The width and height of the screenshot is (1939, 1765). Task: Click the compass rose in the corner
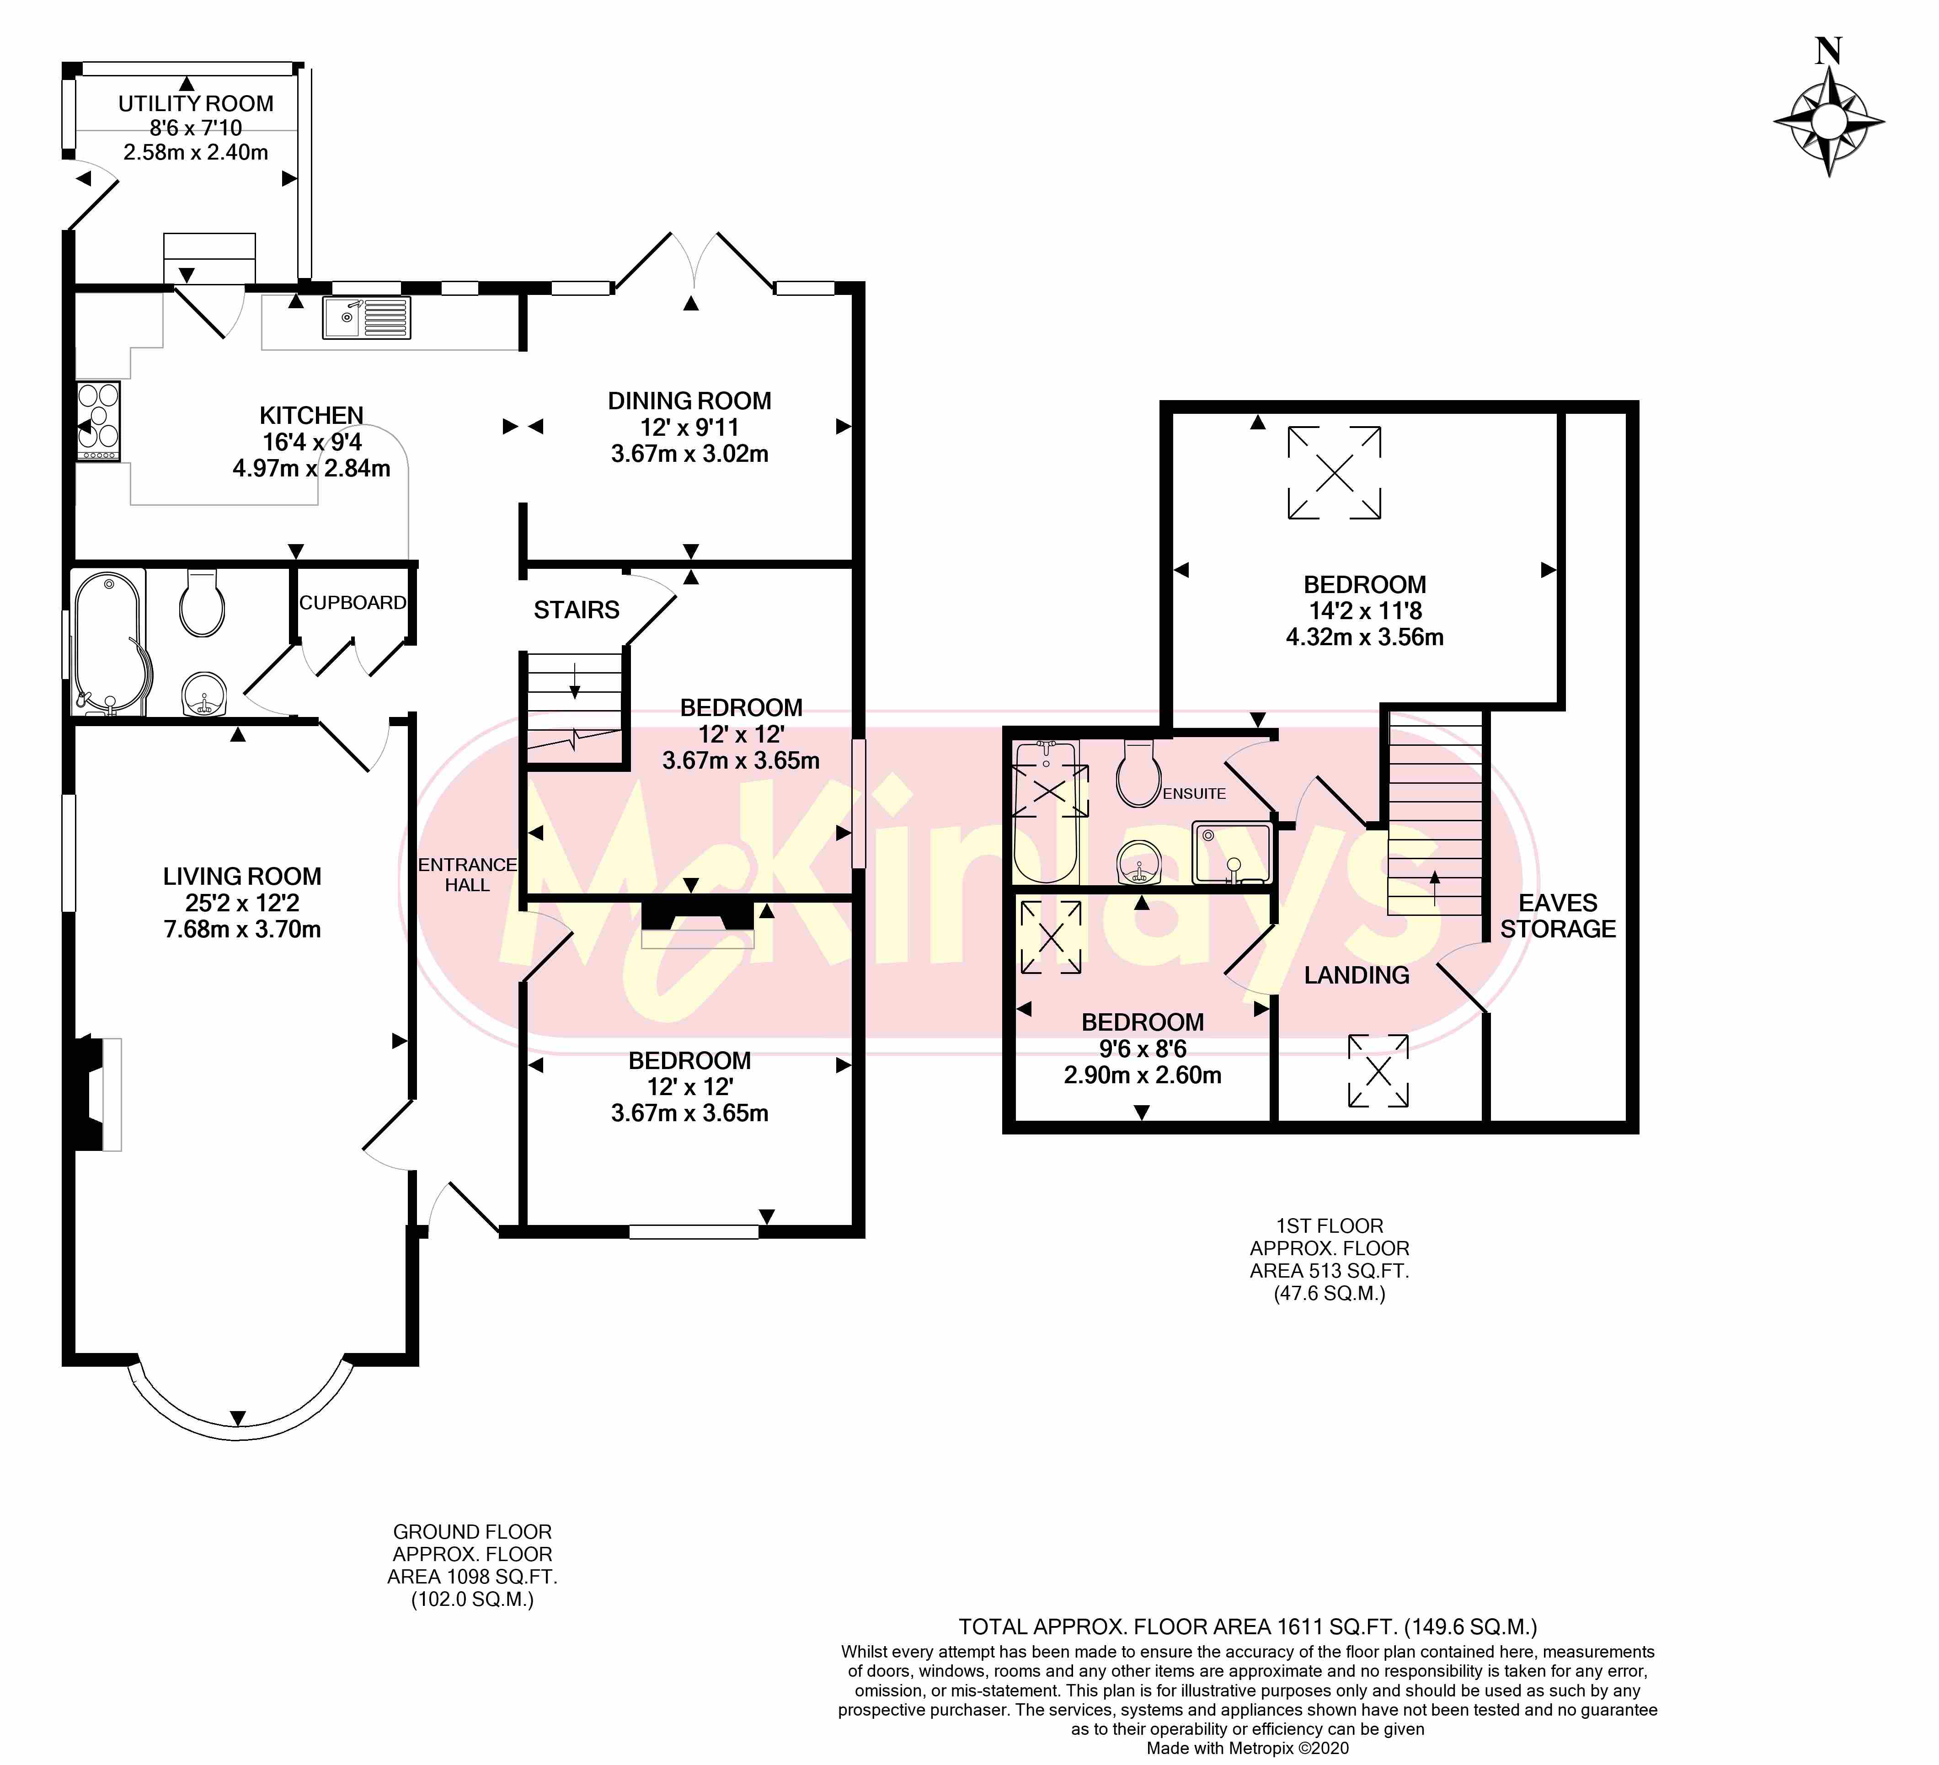(x=1828, y=122)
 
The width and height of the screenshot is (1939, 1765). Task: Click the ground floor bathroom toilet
(x=202, y=603)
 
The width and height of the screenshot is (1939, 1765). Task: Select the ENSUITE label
(x=1195, y=793)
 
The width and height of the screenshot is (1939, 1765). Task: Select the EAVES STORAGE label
(x=1558, y=916)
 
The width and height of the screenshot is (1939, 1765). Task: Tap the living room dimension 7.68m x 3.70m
(x=242, y=929)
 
